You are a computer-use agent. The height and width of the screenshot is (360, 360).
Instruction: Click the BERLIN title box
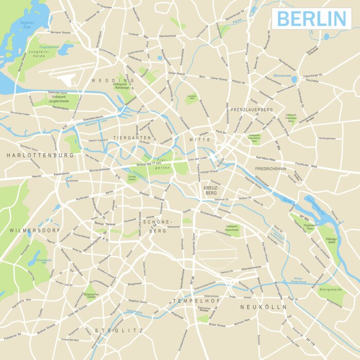(x=312, y=19)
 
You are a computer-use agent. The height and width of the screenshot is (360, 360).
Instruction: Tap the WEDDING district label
(x=113, y=81)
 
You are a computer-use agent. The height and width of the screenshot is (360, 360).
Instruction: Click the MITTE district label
(x=200, y=140)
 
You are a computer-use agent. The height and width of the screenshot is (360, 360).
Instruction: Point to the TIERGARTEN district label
(x=132, y=138)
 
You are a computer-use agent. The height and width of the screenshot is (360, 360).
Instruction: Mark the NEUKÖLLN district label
(x=263, y=307)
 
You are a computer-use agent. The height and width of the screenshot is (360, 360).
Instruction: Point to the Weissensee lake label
(x=282, y=76)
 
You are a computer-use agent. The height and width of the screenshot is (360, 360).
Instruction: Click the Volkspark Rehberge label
(x=123, y=84)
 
